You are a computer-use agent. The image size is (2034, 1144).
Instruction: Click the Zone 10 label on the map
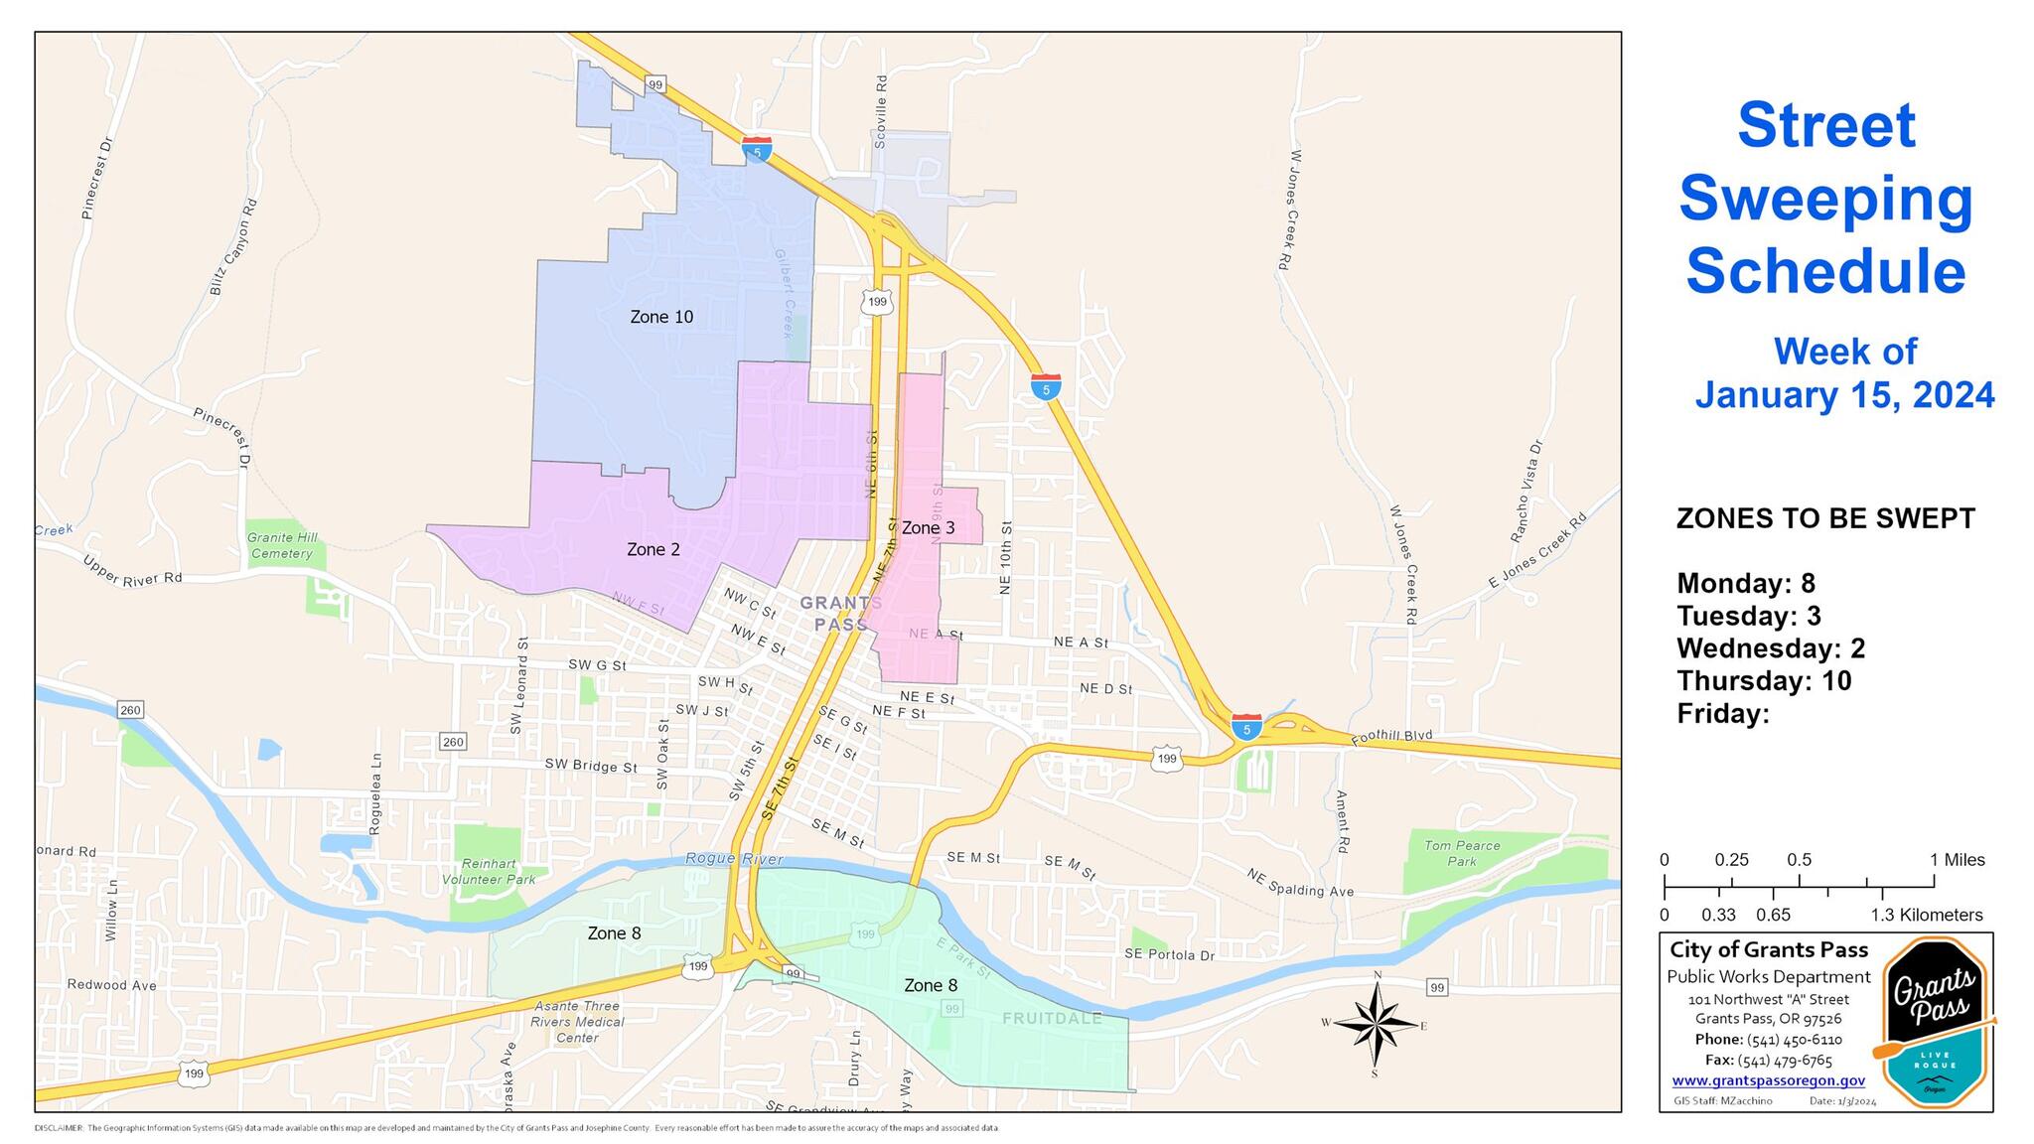click(661, 317)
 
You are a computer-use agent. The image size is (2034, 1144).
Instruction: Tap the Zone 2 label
click(654, 549)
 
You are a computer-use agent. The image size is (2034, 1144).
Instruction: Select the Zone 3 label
click(928, 528)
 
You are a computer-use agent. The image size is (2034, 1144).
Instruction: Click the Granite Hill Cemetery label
click(282, 545)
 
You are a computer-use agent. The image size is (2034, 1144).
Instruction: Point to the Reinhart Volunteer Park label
click(489, 872)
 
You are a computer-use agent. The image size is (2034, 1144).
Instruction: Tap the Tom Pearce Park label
click(1462, 853)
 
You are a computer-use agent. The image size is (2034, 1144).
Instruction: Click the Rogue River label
click(734, 859)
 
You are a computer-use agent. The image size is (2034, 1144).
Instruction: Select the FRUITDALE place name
click(1052, 1019)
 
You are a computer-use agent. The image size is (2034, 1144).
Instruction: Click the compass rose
click(1376, 1025)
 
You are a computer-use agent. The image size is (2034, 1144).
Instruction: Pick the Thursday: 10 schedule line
click(1764, 681)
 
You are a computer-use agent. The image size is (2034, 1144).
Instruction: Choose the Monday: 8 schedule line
click(1746, 583)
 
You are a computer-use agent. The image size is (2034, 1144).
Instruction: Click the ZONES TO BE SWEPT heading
click(1825, 519)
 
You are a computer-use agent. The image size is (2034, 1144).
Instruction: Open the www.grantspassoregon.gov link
click(1768, 1081)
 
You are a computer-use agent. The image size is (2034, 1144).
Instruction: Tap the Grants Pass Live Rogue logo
click(1934, 1019)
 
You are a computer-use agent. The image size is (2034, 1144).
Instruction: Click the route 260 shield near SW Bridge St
click(452, 742)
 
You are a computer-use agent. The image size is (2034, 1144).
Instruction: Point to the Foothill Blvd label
click(1393, 737)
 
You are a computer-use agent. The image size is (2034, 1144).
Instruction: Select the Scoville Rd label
click(880, 112)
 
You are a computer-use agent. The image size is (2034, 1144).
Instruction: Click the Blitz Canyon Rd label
click(234, 245)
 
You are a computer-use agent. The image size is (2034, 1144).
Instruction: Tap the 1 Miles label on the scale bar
click(1957, 860)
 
